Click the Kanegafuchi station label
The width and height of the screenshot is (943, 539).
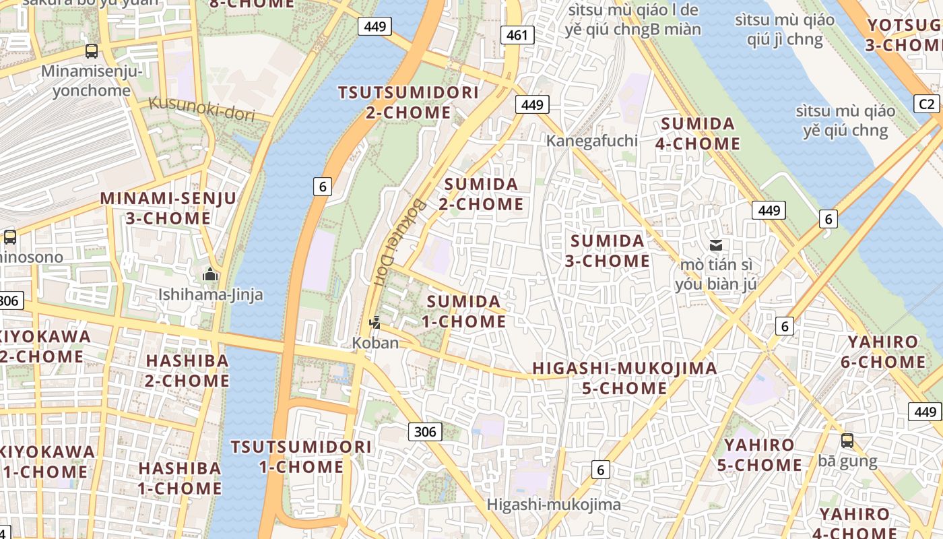click(x=591, y=141)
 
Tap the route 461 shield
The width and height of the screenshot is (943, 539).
click(x=517, y=35)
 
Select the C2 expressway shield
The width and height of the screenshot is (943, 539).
click(x=927, y=104)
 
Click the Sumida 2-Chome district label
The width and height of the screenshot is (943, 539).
click(x=481, y=194)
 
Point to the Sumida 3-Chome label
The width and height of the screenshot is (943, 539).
click(x=608, y=251)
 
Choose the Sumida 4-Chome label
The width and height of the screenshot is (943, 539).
click(x=698, y=133)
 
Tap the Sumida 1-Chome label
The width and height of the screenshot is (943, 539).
click(x=464, y=311)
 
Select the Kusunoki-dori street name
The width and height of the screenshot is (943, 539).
click(x=201, y=108)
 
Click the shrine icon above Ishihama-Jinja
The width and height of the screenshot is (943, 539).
click(x=210, y=275)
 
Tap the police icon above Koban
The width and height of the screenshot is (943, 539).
click(x=375, y=323)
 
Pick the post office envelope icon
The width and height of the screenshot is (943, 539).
click(x=715, y=245)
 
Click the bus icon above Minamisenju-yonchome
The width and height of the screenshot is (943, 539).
click(x=91, y=51)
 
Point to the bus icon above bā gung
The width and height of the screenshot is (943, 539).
click(x=847, y=441)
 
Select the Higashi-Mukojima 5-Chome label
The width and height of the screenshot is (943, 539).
click(x=624, y=378)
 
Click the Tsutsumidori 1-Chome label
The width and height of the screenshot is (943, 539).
click(x=301, y=457)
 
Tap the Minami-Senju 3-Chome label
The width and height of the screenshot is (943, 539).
click(x=168, y=208)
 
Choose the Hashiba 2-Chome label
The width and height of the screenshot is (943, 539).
click(x=187, y=371)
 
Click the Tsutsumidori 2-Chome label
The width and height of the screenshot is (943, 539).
click(x=408, y=102)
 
